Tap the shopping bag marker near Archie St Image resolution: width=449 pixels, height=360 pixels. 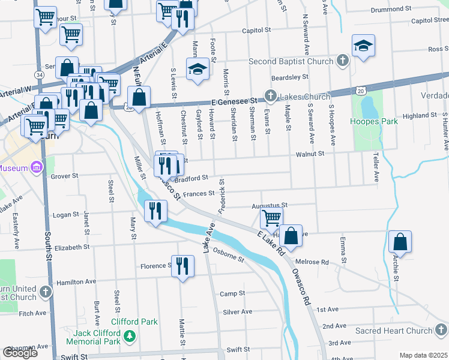pyautogui.click(x=400, y=242)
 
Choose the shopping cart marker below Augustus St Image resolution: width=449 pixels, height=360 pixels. pyautogui.click(x=271, y=218)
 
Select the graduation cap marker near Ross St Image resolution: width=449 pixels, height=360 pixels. pyautogui.click(x=363, y=46)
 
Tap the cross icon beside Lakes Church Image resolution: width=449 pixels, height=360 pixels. pyautogui.click(x=271, y=96)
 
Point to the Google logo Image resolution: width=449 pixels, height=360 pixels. pyautogui.click(x=20, y=353)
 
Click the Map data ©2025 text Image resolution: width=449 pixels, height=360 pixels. pyautogui.click(x=423, y=355)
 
